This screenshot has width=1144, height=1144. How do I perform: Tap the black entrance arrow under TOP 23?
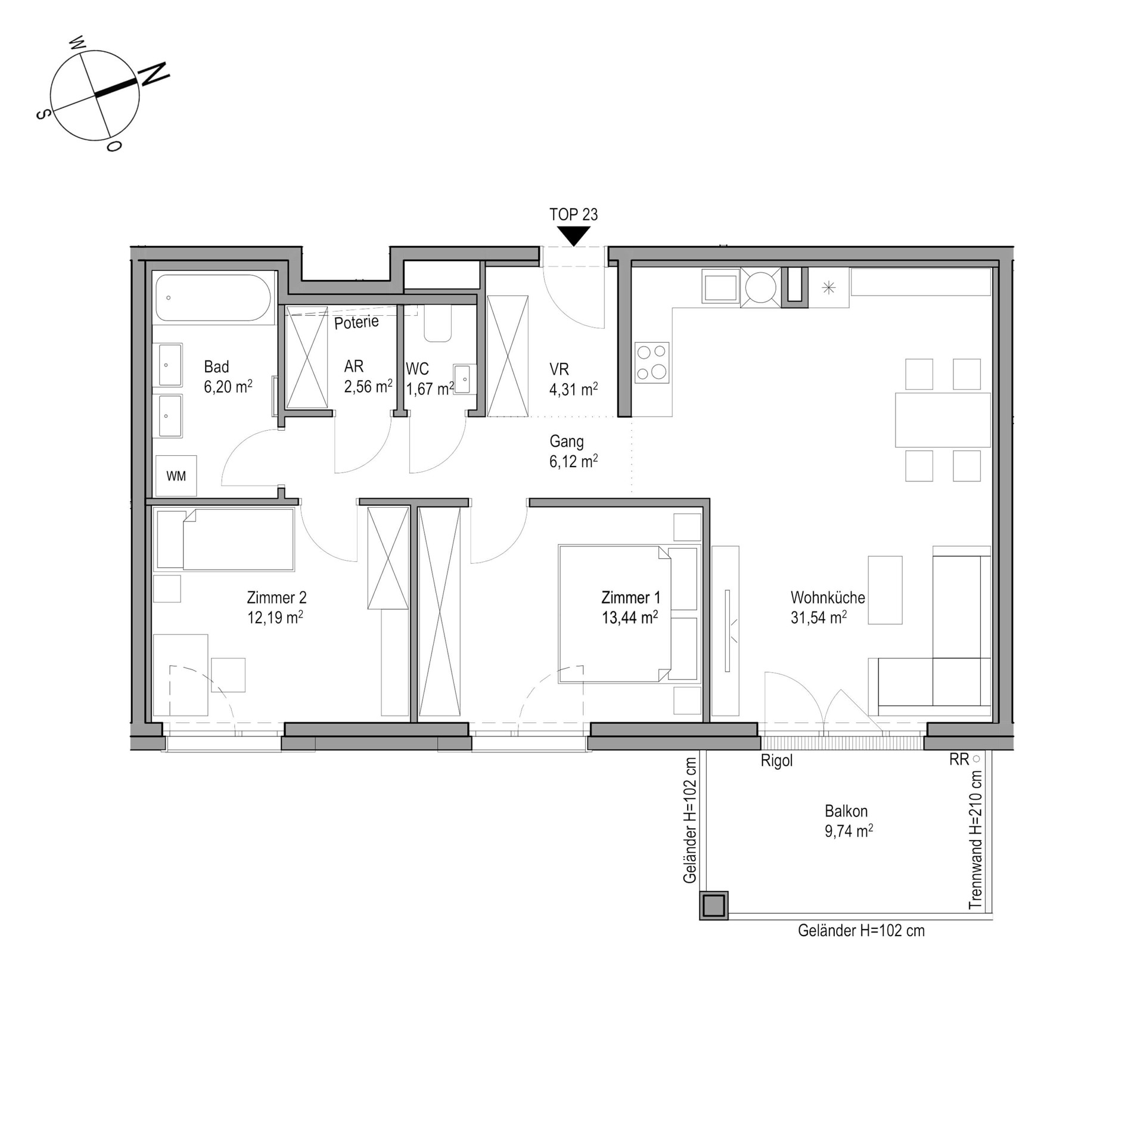point(573,236)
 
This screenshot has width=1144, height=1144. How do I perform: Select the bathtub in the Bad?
point(213,297)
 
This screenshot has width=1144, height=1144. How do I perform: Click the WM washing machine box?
point(176,475)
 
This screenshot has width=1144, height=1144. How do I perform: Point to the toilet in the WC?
point(437,324)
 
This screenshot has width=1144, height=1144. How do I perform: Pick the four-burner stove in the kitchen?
point(652,362)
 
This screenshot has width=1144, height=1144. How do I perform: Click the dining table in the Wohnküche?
point(943,419)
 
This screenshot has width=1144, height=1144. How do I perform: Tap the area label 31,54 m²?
point(819,617)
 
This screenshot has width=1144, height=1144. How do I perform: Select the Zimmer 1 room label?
point(630,597)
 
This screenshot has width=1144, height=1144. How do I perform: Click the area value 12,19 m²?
point(275,617)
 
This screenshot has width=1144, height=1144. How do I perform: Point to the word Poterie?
point(356,322)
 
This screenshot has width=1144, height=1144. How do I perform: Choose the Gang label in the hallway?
point(566,442)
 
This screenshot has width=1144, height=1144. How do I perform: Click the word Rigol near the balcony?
point(776,761)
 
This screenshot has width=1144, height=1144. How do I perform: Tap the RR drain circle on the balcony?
point(976,759)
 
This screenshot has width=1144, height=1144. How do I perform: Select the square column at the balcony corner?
point(713,906)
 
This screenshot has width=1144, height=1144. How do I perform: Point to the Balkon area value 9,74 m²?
point(849,831)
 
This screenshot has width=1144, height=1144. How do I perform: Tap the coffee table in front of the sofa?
point(885,590)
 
